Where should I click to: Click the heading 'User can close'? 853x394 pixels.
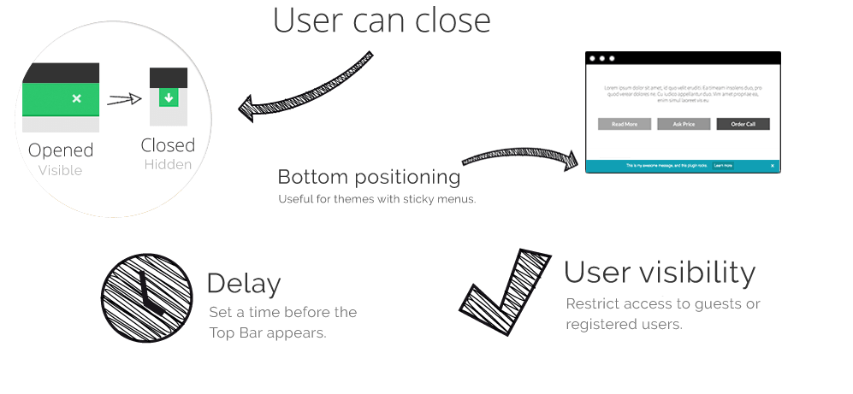pos(382,21)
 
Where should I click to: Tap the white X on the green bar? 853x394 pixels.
pos(77,99)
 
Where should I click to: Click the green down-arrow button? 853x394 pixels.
pos(169,99)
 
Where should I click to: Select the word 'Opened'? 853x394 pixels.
pos(61,150)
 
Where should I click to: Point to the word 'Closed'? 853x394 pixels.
pos(168,144)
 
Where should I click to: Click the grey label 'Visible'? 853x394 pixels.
pos(60,170)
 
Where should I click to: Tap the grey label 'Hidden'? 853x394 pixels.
pos(168,164)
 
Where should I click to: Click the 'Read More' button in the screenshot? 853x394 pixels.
pos(625,124)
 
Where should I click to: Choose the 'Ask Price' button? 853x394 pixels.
pos(684,124)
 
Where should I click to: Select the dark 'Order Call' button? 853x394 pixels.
pos(743,124)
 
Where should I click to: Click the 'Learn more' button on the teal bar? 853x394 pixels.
pos(722,165)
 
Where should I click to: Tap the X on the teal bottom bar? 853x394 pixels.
pos(773,165)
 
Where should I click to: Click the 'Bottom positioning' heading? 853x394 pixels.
pos(369,178)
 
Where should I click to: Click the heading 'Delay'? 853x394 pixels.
pos(244,284)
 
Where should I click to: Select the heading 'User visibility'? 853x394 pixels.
pos(660,273)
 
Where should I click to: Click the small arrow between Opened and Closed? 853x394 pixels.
pos(124,100)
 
